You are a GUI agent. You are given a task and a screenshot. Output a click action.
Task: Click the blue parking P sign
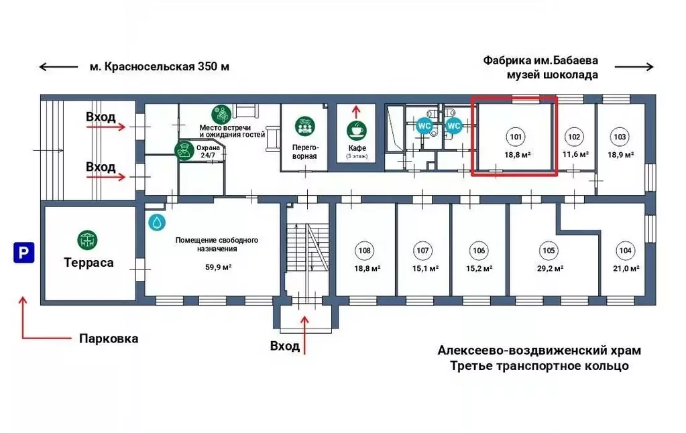pyautogui.click(x=23, y=253)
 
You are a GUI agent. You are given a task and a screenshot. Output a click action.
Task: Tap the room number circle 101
pyautogui.click(x=516, y=137)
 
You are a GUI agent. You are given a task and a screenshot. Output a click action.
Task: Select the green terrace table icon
pyautogui.click(x=87, y=239)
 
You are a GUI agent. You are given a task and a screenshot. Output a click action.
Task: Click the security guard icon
pyautogui.click(x=183, y=151)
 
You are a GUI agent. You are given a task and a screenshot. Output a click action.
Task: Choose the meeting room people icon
pyautogui.click(x=305, y=125)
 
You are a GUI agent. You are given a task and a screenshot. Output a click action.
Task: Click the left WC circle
pyautogui.click(x=424, y=125)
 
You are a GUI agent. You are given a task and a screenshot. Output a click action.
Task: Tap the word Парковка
pyautogui.click(x=109, y=338)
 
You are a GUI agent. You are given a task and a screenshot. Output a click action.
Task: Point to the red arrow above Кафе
pyautogui.click(x=356, y=111)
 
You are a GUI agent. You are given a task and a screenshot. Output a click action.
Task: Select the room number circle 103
pyautogui.click(x=620, y=137)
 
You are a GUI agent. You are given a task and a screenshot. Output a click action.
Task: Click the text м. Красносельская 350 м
pyautogui.click(x=159, y=66)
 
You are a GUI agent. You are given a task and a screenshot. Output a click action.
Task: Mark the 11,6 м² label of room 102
pyautogui.click(x=575, y=154)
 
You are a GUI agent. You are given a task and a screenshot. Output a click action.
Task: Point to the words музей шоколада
pyautogui.click(x=552, y=75)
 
